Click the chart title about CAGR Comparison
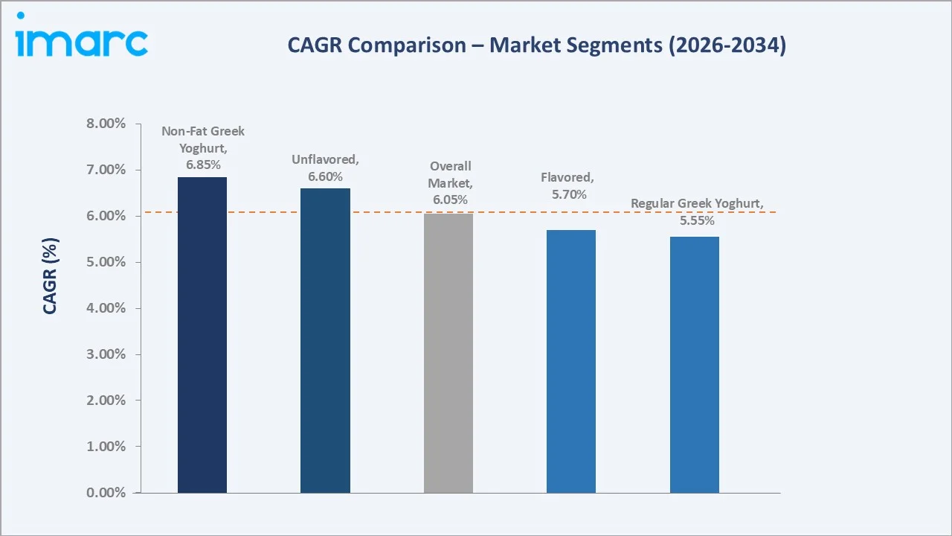(x=536, y=45)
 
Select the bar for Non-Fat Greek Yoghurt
(x=202, y=335)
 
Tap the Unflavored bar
(x=325, y=341)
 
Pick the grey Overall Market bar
(x=448, y=353)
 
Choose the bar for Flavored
(x=571, y=361)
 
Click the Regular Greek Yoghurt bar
(x=694, y=365)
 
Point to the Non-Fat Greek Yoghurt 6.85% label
(x=203, y=147)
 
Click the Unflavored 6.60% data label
(x=325, y=167)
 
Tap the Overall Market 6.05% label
(x=450, y=182)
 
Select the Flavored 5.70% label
(x=567, y=186)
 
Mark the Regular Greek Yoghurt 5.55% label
(x=696, y=212)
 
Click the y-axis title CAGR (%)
(x=50, y=275)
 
